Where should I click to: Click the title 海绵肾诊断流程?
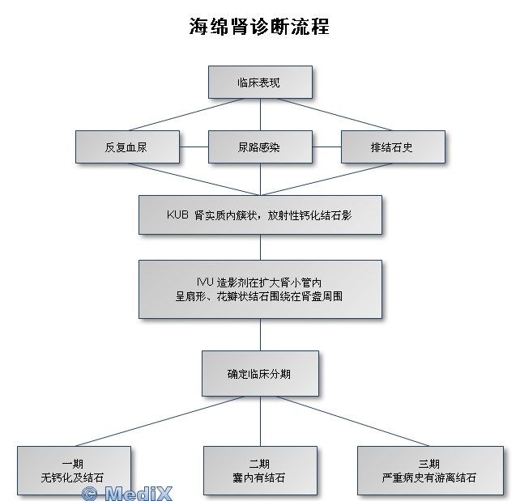(x=259, y=26)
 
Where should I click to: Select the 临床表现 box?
(x=260, y=82)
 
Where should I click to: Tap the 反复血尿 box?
(x=128, y=146)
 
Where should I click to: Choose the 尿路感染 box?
(x=260, y=146)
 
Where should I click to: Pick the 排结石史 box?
(x=393, y=146)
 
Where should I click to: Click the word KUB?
(x=177, y=214)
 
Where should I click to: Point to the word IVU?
(x=205, y=282)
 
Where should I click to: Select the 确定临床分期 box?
(x=260, y=373)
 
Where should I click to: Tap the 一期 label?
(x=73, y=464)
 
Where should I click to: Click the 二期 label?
(x=259, y=464)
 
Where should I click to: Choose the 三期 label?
(x=428, y=464)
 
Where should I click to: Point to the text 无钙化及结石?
(x=73, y=478)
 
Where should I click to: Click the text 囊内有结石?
(x=259, y=478)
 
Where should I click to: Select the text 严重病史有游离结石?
(x=428, y=478)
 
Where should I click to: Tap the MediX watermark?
(x=127, y=494)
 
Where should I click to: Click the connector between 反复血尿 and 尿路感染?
(x=194, y=146)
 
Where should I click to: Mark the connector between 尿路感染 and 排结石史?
(x=326, y=146)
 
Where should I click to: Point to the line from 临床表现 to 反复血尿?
(x=185, y=114)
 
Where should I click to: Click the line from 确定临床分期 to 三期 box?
(x=353, y=421)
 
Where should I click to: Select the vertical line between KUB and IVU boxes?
(x=260, y=247)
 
